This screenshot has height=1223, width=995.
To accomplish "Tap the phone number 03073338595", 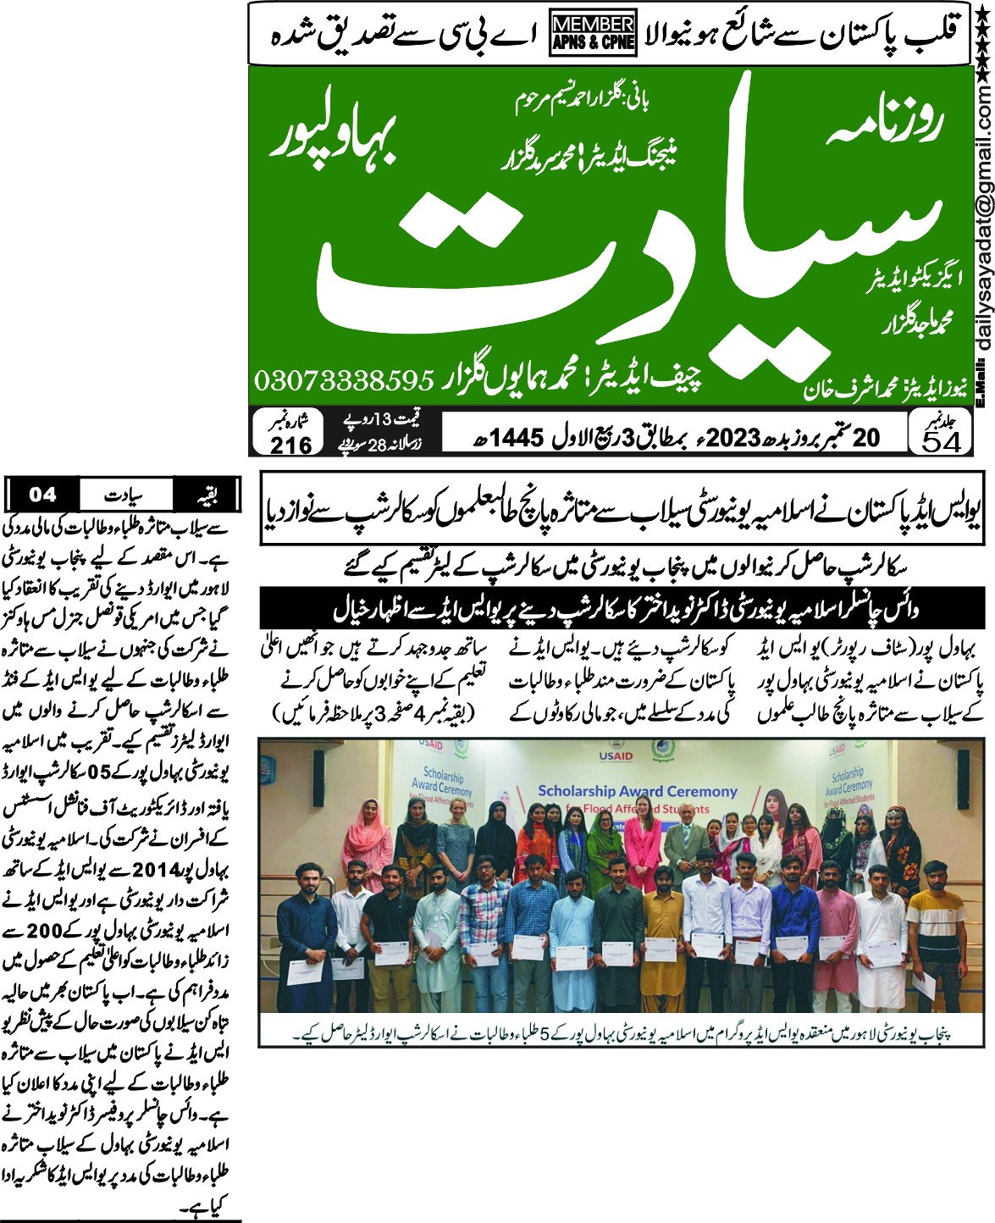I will pyautogui.click(x=345, y=380).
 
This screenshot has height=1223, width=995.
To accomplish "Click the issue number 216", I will pyautogui.click(x=290, y=444).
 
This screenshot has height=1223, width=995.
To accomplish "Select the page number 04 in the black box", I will pyautogui.click(x=42, y=494).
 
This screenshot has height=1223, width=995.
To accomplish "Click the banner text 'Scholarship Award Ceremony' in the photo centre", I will pyautogui.click(x=638, y=791).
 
